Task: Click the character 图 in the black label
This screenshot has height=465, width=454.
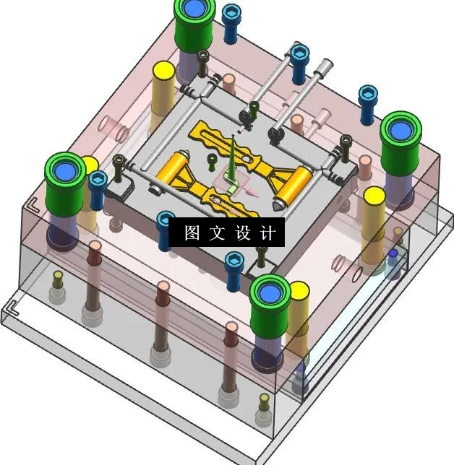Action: pos(192,233)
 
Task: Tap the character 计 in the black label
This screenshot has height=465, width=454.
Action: pos(267,233)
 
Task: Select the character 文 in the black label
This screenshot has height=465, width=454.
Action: pos(217,233)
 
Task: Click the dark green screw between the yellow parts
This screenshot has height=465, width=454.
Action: pos(212,160)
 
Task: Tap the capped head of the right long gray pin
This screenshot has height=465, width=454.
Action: pos(325,66)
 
